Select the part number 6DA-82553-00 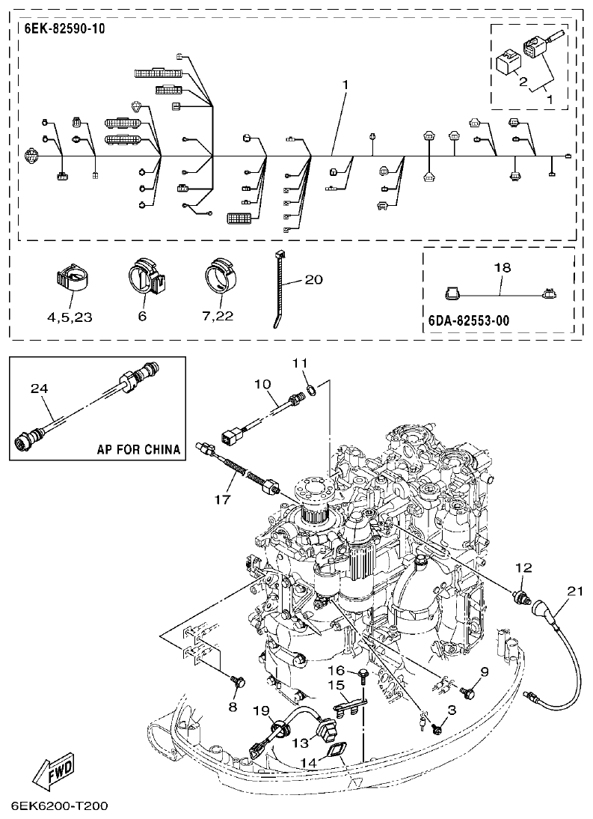(470, 320)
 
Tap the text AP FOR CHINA (138, 450)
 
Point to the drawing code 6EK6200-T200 (60, 806)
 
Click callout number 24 (38, 388)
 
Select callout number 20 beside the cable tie (313, 280)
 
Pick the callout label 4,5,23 (70, 317)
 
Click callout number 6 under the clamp (143, 317)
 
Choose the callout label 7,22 (218, 317)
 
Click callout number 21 (574, 591)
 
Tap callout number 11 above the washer (300, 363)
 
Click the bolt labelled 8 (239, 682)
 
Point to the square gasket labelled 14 (335, 749)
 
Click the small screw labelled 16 (361, 677)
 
